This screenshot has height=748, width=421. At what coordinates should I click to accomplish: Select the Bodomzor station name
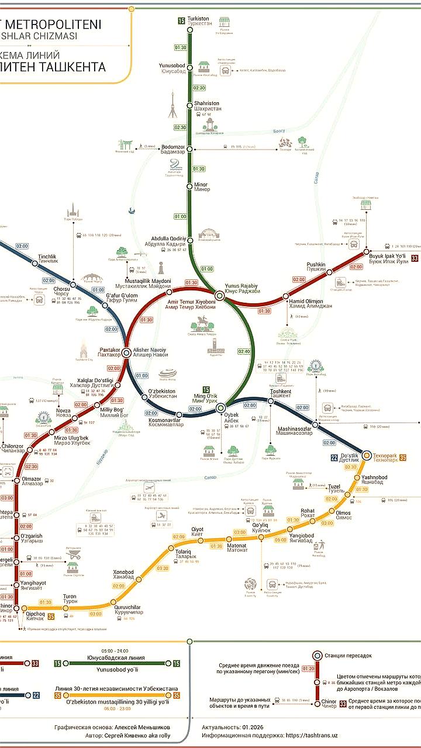tap(173, 149)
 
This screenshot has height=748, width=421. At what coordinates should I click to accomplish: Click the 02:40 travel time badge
tap(244, 352)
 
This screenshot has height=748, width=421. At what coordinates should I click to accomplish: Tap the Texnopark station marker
tap(367, 455)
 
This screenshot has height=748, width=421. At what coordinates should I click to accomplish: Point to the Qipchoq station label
tap(36, 616)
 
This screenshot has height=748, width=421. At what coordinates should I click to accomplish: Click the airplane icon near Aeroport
tap(149, 487)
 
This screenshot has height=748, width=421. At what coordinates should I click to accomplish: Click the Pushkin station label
tap(316, 267)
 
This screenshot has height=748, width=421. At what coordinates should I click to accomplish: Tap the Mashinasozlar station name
tap(295, 430)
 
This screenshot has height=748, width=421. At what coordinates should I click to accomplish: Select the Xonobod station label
tap(123, 574)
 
